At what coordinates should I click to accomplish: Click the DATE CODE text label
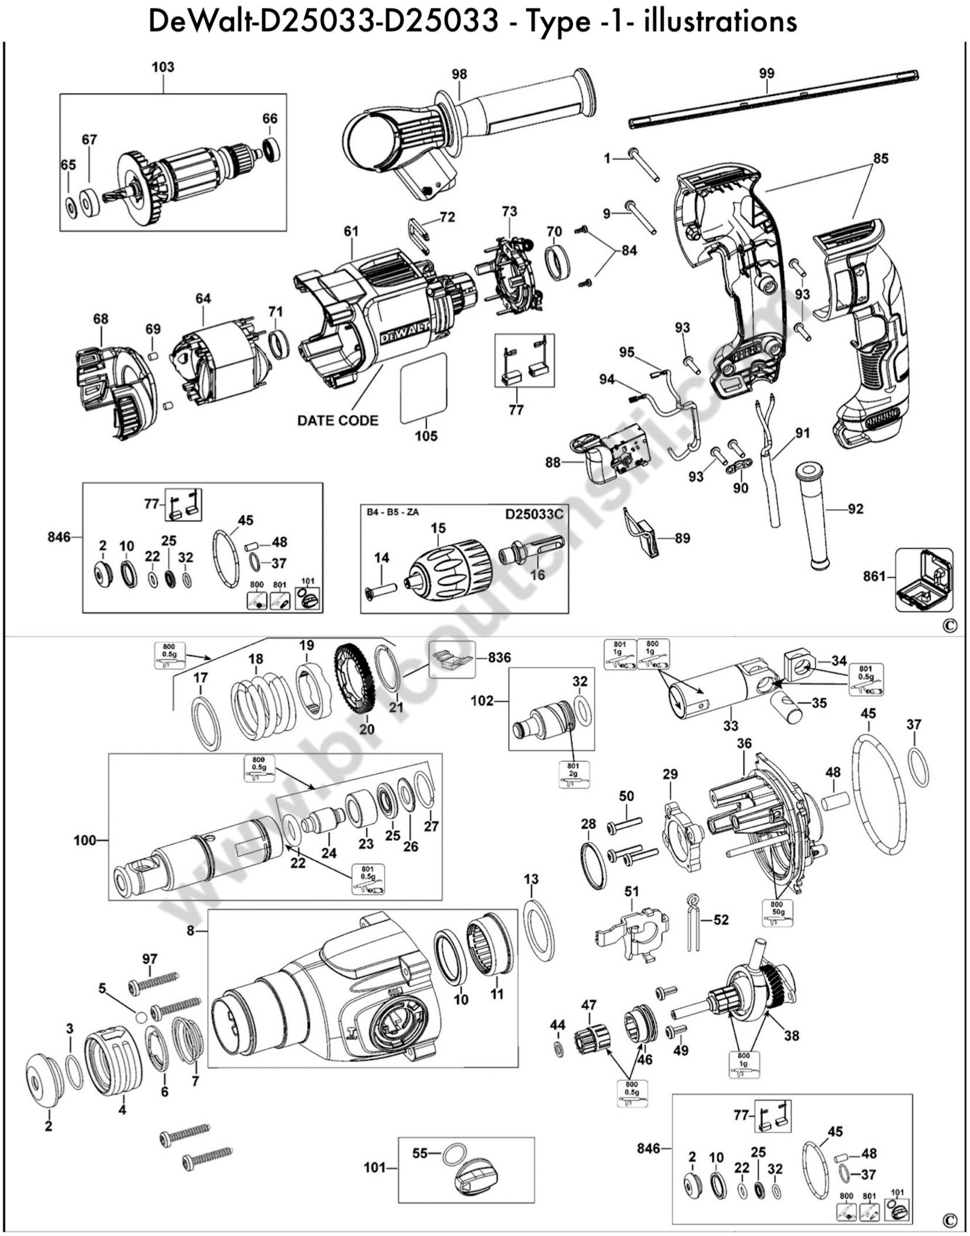click(337, 421)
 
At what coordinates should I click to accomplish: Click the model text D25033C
click(534, 514)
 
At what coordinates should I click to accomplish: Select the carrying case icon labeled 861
click(924, 580)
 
